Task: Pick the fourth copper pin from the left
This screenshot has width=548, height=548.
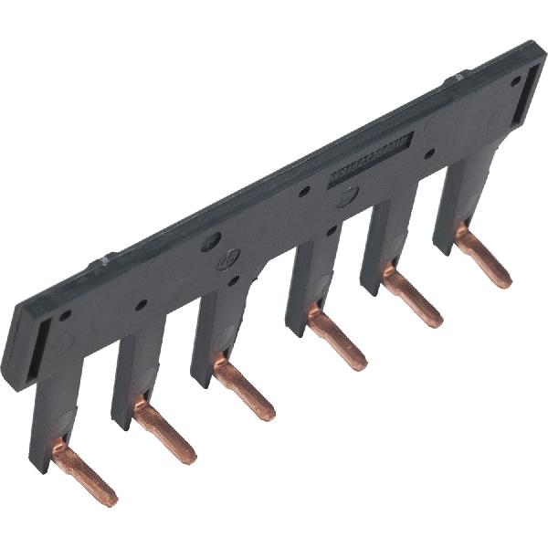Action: point(335,339)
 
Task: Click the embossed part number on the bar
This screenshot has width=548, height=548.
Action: point(370,161)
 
